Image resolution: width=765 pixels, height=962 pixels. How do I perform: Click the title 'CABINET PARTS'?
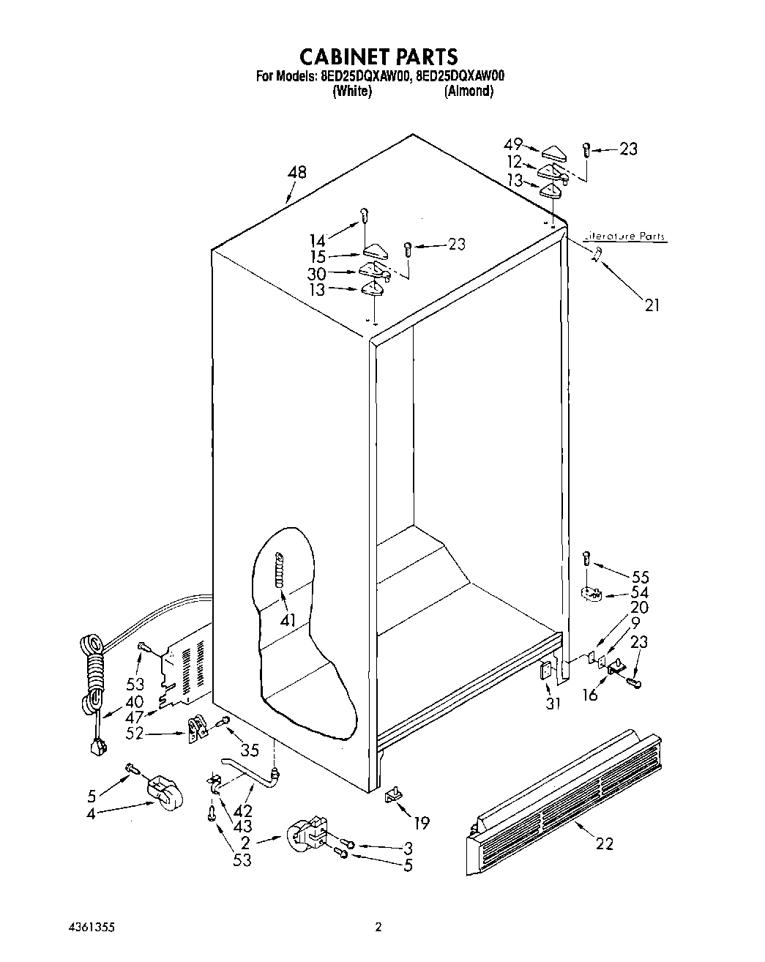(x=378, y=56)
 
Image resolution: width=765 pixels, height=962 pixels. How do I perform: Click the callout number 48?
(x=296, y=173)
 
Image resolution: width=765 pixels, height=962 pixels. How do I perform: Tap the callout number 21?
(x=652, y=305)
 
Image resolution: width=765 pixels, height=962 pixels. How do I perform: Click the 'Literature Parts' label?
(x=624, y=236)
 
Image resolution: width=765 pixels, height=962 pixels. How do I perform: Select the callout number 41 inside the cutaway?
(x=288, y=620)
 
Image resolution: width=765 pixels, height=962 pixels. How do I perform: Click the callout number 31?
(x=552, y=704)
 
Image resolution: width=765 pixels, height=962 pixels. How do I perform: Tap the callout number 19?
(x=421, y=823)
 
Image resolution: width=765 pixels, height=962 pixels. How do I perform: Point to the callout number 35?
(x=249, y=749)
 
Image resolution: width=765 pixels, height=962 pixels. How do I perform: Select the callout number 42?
(x=243, y=811)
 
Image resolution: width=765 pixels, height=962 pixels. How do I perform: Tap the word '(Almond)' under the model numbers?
(x=469, y=92)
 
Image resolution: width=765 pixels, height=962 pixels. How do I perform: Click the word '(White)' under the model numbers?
(x=352, y=92)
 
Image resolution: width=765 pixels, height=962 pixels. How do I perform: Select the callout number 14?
(x=317, y=239)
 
